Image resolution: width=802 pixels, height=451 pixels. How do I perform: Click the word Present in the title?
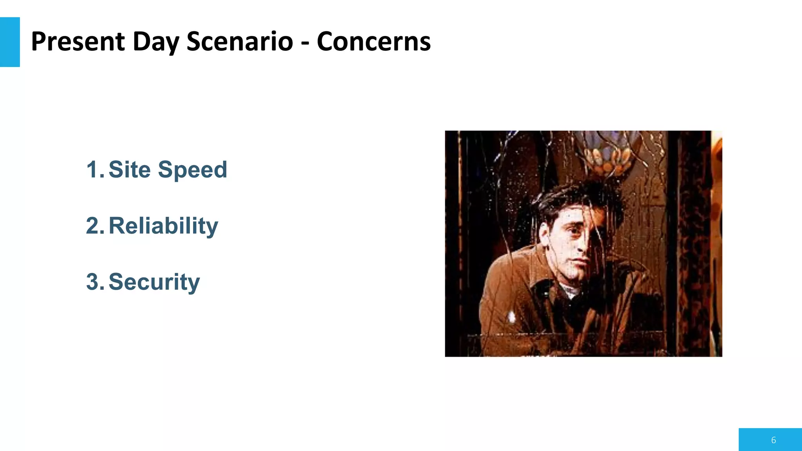[x=78, y=41]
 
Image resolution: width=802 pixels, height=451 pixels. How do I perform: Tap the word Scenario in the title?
[x=240, y=41]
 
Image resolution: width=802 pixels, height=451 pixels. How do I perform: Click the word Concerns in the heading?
[x=374, y=41]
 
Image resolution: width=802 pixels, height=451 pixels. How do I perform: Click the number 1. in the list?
[x=95, y=170]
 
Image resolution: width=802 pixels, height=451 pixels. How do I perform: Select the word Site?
[x=129, y=170]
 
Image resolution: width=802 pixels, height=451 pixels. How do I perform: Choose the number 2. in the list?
[x=95, y=226]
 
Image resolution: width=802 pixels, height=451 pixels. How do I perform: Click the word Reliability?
[x=163, y=226]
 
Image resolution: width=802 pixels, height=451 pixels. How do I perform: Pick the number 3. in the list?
[x=95, y=282]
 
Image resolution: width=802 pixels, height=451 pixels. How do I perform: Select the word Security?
[x=154, y=282]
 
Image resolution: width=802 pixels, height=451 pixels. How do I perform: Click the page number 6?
[x=773, y=440]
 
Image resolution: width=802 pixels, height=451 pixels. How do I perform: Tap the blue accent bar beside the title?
[x=10, y=42]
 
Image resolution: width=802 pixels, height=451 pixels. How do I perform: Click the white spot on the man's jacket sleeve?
[x=511, y=316]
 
